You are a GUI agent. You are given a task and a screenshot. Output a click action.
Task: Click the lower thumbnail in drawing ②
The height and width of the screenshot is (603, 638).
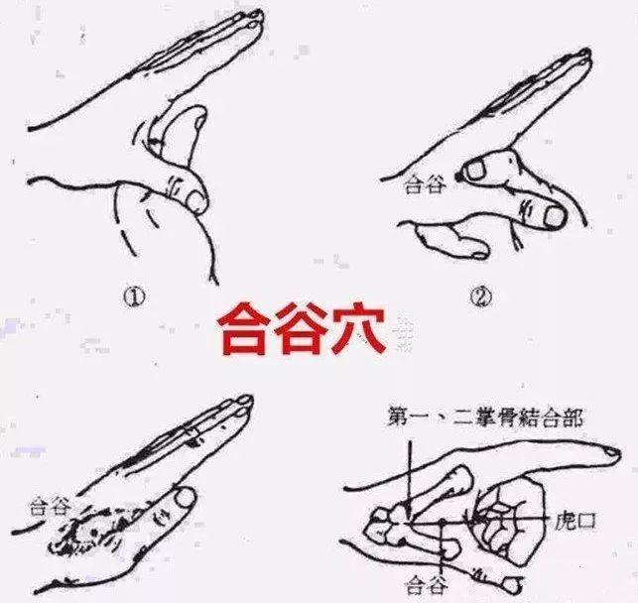(x=549, y=210)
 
